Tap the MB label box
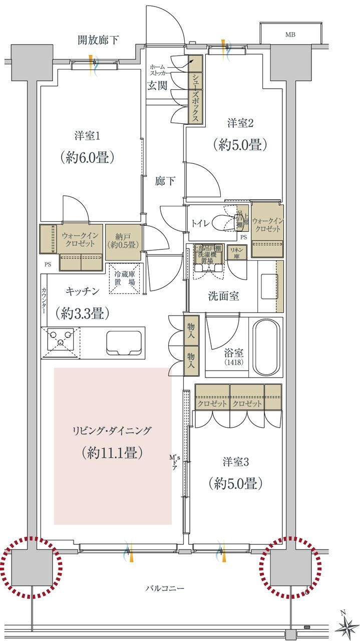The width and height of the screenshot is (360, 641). tap(290, 35)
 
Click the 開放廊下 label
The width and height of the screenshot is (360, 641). tap(98, 40)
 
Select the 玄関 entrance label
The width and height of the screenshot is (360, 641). tap(157, 85)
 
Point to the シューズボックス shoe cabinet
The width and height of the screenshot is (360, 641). tap(195, 90)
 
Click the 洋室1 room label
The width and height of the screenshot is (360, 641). tap(88, 136)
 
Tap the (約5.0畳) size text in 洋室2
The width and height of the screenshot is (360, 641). tap(239, 145)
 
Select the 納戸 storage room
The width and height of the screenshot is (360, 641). tap(123, 241)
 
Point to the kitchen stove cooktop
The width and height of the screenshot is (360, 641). tap(61, 342)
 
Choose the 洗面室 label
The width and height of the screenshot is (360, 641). tap(223, 295)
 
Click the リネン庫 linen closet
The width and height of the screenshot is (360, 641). tap(236, 252)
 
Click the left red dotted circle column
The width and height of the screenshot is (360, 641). tap(32, 568)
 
